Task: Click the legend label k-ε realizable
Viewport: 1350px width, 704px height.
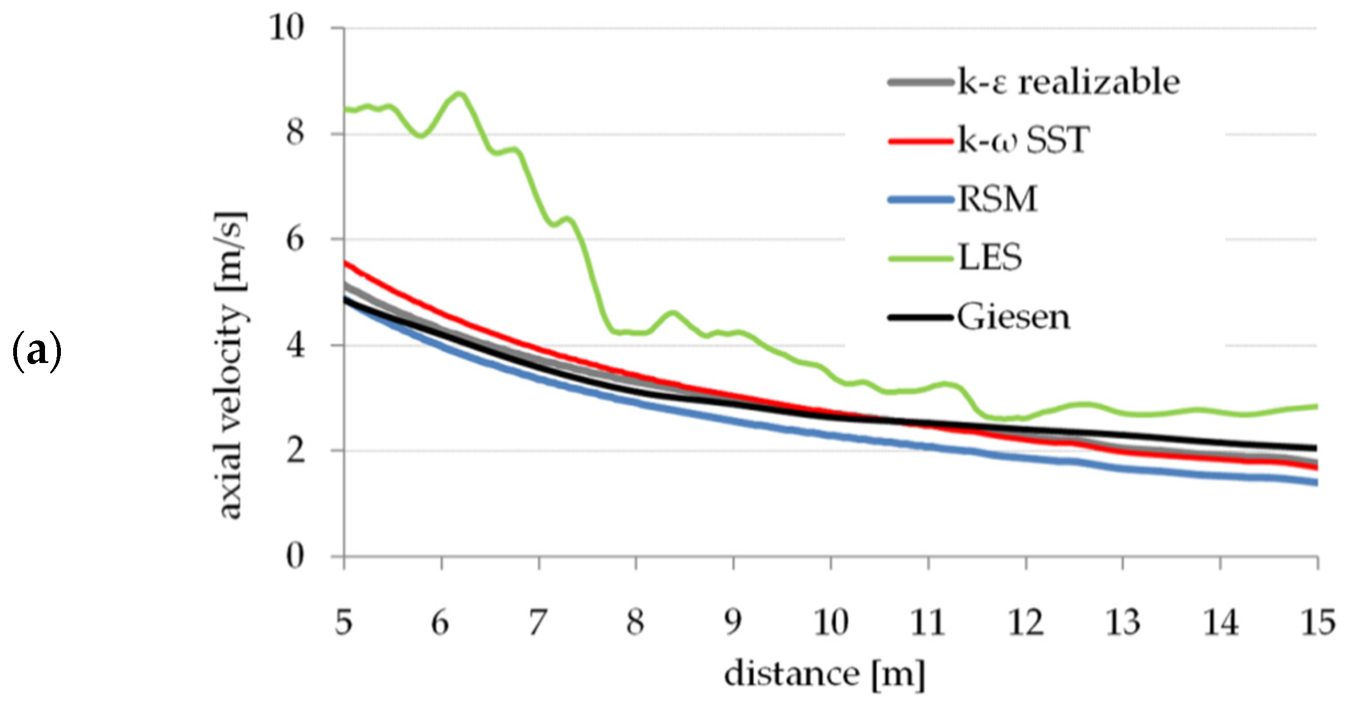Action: (x=1068, y=82)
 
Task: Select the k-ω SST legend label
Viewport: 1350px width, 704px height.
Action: (x=1023, y=141)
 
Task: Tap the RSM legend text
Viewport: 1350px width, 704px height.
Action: (x=998, y=199)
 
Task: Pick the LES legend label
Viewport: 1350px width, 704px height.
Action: (x=990, y=258)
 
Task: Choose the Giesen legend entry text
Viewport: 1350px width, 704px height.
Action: (x=1014, y=317)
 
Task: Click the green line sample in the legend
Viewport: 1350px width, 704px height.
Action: (x=921, y=259)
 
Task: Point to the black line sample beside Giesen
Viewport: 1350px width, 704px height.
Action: (x=921, y=317)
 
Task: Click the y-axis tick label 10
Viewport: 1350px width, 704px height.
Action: (x=286, y=27)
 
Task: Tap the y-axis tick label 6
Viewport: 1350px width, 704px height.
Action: (x=295, y=239)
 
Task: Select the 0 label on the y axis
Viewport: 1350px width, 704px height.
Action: (x=295, y=556)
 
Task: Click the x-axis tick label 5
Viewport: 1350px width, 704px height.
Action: (x=344, y=622)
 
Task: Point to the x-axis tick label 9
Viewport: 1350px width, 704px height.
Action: (x=733, y=622)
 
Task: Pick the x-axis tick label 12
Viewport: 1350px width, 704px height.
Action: (x=1025, y=622)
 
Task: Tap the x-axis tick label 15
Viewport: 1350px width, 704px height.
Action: (x=1317, y=622)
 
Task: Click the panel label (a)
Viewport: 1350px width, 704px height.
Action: (x=37, y=352)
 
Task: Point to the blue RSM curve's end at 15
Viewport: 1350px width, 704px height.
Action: (x=1315, y=483)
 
